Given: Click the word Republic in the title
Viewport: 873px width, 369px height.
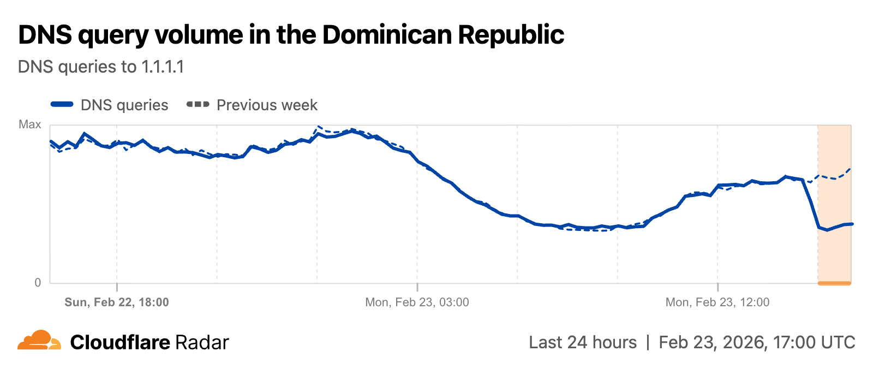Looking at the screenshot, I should (x=511, y=35).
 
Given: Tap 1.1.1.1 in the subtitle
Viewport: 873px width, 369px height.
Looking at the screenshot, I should (x=163, y=67).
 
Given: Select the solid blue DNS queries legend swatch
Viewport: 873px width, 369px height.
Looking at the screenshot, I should (x=62, y=104).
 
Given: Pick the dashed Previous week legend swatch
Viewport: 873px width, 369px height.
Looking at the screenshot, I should (x=198, y=104).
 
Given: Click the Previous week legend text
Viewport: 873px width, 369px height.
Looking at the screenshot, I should (x=267, y=105).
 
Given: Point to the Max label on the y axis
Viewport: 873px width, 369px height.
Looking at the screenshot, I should (x=30, y=124).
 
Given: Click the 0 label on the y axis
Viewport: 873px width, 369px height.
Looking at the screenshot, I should (x=38, y=282).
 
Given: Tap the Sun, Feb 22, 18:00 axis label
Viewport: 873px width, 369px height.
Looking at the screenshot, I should (x=117, y=302).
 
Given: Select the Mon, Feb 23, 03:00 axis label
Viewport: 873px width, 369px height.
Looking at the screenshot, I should (x=417, y=302).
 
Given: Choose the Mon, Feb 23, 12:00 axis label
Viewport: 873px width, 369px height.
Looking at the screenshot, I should (x=717, y=302).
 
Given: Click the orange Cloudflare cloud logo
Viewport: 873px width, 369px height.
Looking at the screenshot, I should (x=39, y=341).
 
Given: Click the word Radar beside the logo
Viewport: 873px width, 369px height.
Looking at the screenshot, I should (x=202, y=343).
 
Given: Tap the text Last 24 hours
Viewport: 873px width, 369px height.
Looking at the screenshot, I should (x=582, y=342).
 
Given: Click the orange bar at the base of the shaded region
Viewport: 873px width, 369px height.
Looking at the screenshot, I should (x=834, y=283).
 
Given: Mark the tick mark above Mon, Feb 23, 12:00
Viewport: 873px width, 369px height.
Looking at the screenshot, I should (x=717, y=287).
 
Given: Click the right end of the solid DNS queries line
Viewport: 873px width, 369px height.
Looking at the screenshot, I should (x=851, y=224).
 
